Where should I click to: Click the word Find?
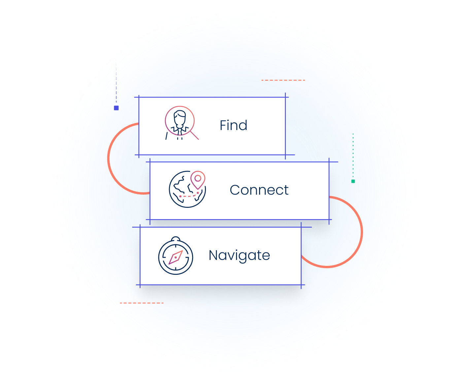[x=233, y=125]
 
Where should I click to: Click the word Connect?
[x=259, y=190]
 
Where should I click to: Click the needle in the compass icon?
[x=176, y=257]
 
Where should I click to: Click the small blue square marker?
[x=116, y=108]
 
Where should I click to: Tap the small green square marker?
[x=353, y=181]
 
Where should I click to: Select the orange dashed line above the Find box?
[x=283, y=80]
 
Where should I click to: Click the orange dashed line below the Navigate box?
[x=142, y=303]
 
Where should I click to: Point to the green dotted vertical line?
[x=353, y=155]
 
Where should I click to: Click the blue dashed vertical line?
[x=116, y=82]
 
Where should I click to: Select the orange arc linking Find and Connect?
[x=109, y=158]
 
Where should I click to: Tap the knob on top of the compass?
[x=176, y=238]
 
